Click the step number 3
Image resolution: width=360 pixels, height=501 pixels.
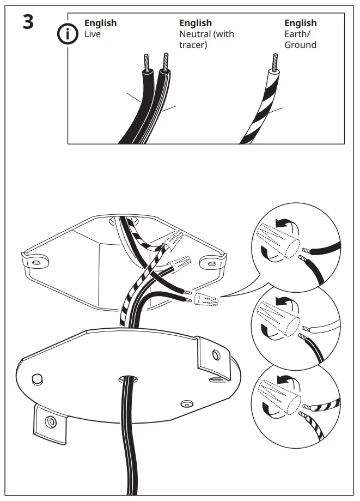pos(27,23)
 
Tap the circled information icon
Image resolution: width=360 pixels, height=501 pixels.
pos(68,34)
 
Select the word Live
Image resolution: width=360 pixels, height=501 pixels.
pos(93,34)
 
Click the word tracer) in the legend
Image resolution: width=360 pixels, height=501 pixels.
pos(193,45)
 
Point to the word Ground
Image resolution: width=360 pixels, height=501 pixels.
pos(300,45)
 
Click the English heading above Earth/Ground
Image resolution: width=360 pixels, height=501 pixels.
pos(300,23)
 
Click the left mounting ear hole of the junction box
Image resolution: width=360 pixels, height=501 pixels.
pos(36,263)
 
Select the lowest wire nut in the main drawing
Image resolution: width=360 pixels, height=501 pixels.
pos(206,299)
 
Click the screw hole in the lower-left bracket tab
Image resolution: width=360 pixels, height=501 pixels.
pos(50,421)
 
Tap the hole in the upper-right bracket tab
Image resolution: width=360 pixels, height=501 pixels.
pos(217,355)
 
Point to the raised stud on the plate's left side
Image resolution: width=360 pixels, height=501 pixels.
pos(38,378)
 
